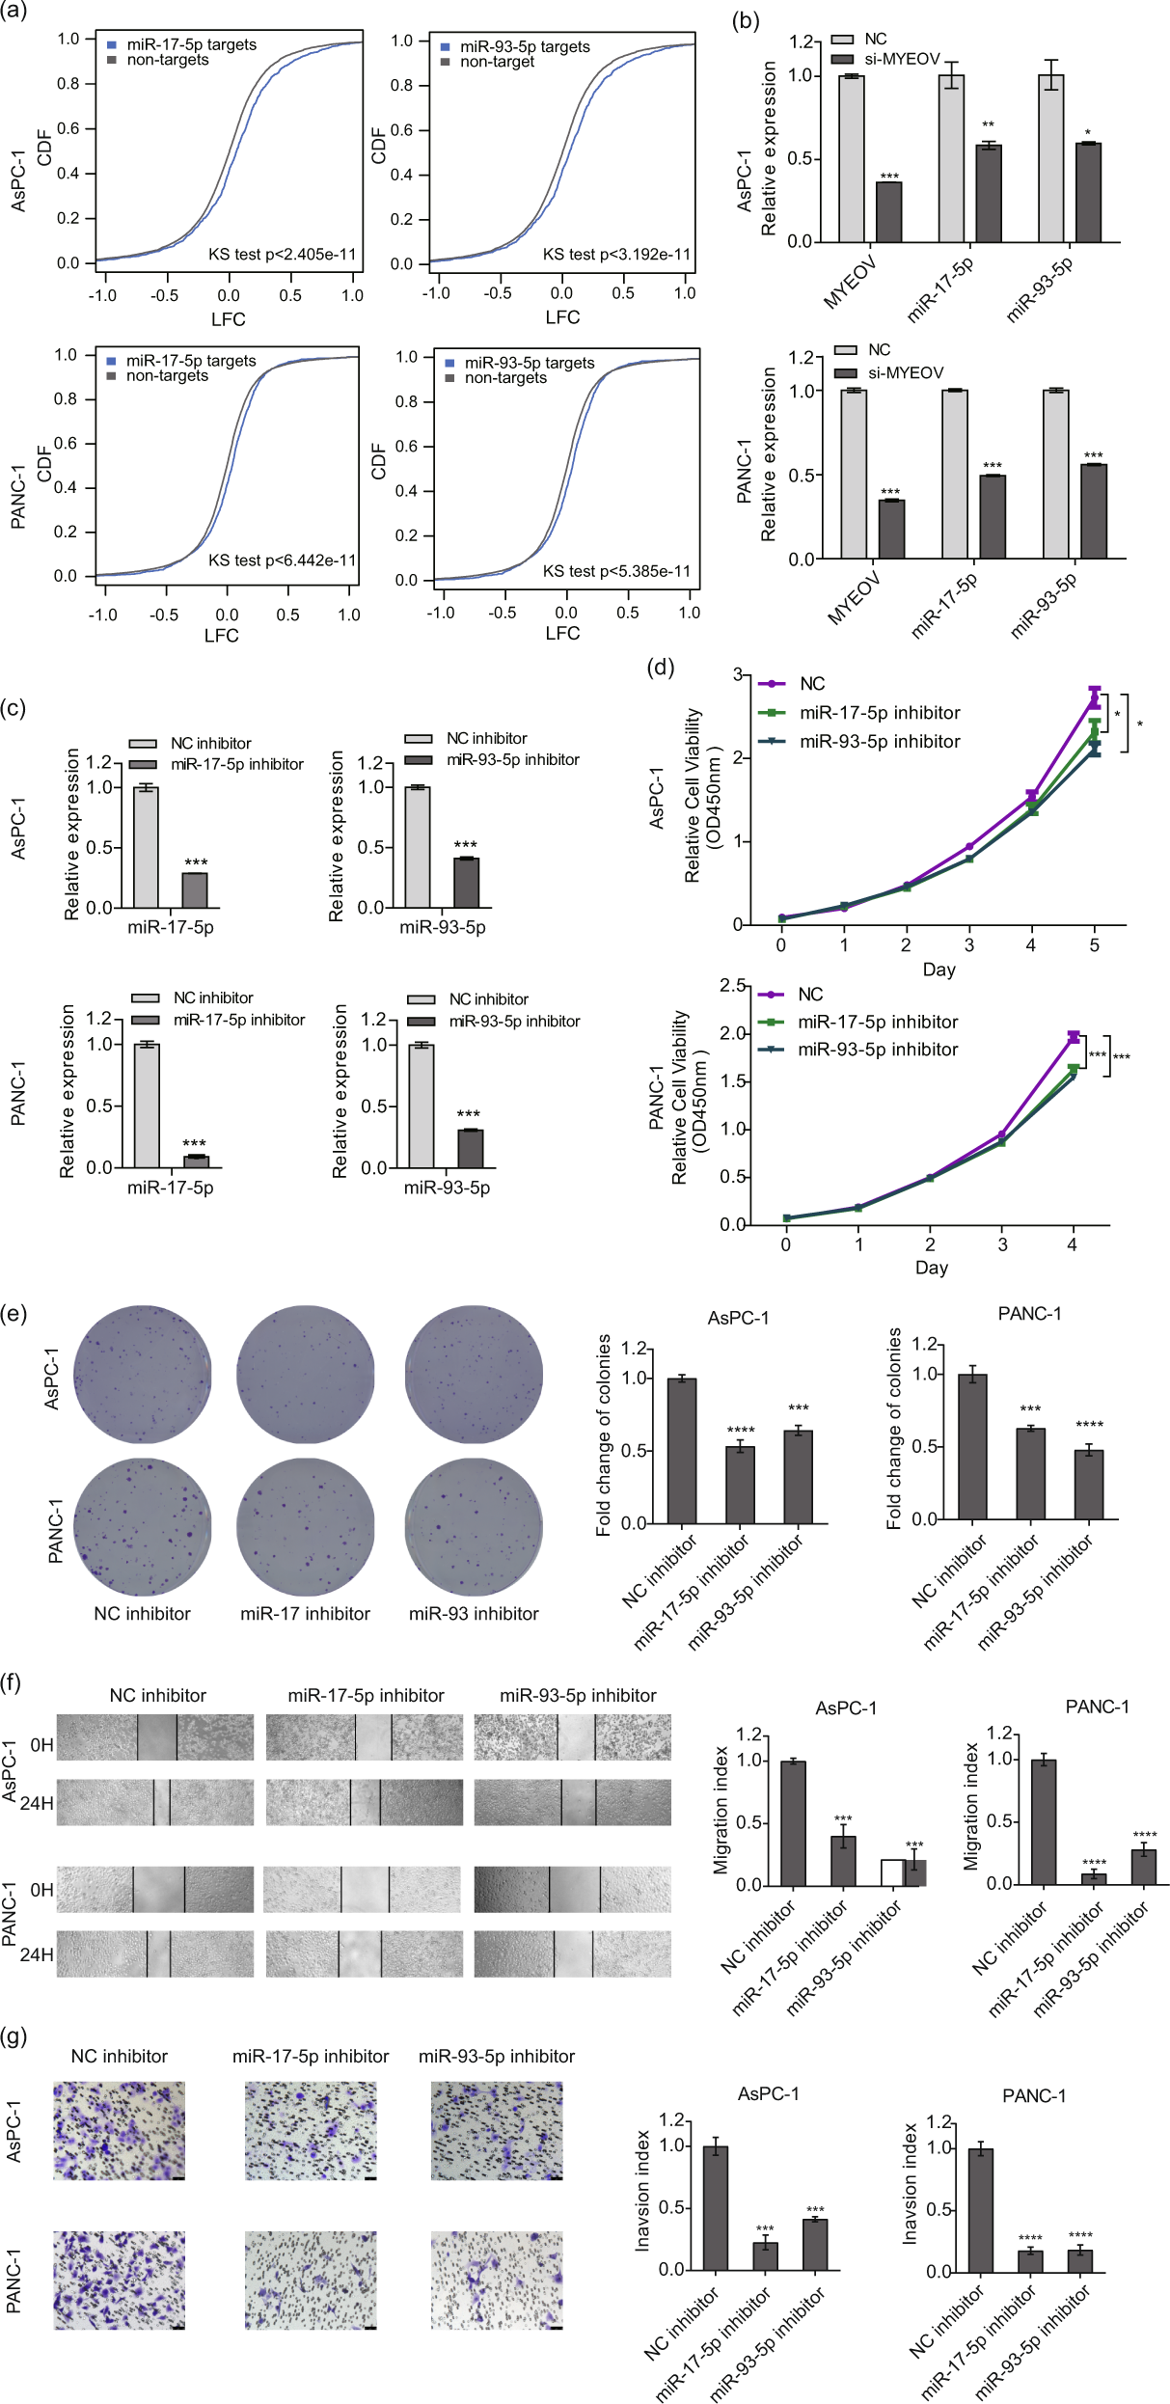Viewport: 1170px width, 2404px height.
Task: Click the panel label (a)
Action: tap(15, 13)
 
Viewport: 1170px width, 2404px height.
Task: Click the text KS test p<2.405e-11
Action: tap(283, 255)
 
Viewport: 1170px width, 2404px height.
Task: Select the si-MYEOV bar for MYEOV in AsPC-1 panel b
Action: tap(888, 212)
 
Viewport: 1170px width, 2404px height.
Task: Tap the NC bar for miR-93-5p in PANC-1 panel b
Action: tap(1056, 475)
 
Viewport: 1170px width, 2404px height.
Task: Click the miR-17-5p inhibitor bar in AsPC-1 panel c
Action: tap(195, 890)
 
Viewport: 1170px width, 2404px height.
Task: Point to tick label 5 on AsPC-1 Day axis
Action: tap(1094, 945)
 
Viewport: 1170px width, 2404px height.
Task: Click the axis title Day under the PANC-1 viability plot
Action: tap(931, 1268)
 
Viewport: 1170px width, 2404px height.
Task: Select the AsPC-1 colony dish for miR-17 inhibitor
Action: tap(305, 1375)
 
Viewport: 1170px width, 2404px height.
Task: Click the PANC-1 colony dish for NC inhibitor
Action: tap(143, 1526)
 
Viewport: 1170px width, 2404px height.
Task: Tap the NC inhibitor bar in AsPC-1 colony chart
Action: tap(682, 1451)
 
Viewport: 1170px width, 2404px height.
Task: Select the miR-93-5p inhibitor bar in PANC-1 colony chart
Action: tap(1089, 1485)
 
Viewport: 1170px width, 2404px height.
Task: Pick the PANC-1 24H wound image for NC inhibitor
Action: tap(155, 1953)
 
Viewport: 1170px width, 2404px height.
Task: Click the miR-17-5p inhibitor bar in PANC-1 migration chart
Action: tap(1094, 1878)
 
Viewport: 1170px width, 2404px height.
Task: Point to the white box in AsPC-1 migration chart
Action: tap(891, 1872)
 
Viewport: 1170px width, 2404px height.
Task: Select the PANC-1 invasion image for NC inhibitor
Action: tap(119, 2281)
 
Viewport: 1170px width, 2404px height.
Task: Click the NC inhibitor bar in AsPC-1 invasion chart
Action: tap(716, 2207)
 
